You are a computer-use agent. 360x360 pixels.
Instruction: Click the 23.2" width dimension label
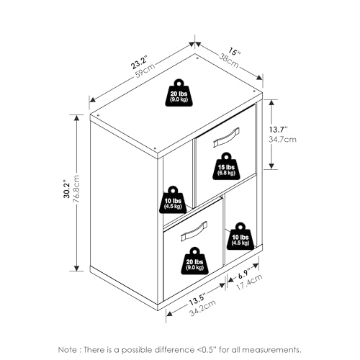coord(138,62)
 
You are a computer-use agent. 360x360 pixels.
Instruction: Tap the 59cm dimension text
coord(145,69)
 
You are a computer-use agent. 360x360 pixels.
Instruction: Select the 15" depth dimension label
coord(234,52)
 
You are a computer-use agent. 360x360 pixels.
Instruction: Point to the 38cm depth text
coord(229,60)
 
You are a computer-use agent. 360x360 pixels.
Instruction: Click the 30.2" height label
coord(67,189)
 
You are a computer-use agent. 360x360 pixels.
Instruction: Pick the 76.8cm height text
coord(76,189)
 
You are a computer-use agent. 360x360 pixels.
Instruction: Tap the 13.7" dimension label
coord(279,130)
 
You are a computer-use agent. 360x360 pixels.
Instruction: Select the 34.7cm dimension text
coord(282,140)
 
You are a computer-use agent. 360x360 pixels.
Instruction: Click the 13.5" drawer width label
coord(197,299)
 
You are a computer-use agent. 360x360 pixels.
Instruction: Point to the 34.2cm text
coord(203,308)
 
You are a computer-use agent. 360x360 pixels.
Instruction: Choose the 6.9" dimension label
coord(244,274)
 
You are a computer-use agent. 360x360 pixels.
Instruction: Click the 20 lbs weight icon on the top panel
coord(179,93)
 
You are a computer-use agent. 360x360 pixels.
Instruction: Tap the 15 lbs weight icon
coord(226,166)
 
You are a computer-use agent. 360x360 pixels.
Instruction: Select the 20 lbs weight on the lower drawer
coord(194,261)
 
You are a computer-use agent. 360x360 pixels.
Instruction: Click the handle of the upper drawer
coord(226,137)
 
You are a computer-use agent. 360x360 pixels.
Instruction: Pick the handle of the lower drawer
coord(194,231)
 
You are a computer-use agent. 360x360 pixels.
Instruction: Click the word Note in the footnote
coord(68,350)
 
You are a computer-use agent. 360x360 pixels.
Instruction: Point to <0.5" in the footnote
coord(205,349)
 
